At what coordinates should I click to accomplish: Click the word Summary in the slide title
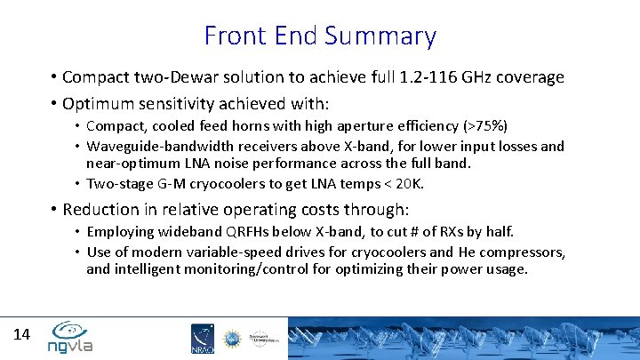[x=380, y=36]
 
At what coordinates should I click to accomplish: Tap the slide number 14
[x=22, y=334]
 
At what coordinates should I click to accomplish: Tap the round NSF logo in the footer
[x=231, y=338]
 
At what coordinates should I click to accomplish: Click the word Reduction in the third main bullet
[x=101, y=210]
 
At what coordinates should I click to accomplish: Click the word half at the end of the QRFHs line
[x=497, y=231]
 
